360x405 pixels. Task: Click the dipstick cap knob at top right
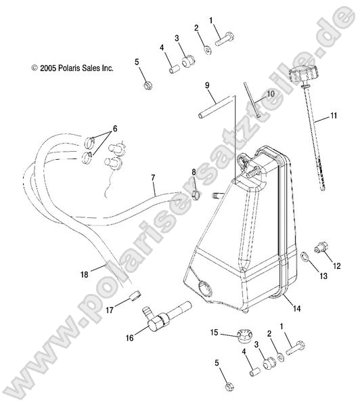(302, 74)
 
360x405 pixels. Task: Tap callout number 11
(334, 115)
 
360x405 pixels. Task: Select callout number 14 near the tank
(297, 308)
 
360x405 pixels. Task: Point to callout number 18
(85, 274)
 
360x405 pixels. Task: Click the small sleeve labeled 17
(136, 295)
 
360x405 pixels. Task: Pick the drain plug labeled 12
(321, 247)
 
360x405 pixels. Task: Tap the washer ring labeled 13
(305, 257)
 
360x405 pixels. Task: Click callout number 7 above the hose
(153, 177)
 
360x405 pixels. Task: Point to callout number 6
(115, 129)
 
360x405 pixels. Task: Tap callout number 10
(271, 93)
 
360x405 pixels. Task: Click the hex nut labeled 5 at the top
(148, 85)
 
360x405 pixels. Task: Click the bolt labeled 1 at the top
(224, 39)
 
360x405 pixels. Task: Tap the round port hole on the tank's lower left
(206, 289)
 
